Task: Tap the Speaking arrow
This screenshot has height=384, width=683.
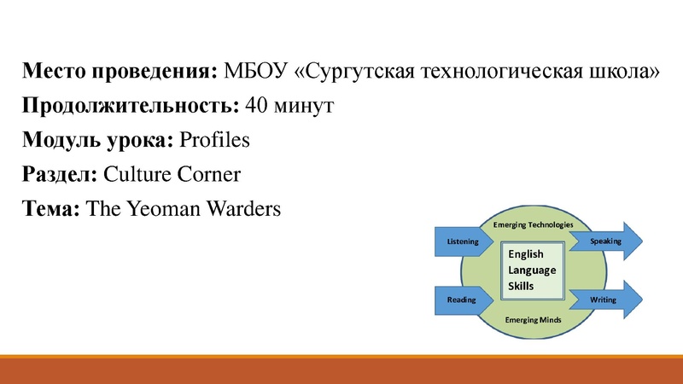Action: [x=607, y=242]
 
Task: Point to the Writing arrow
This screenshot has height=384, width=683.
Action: [x=604, y=300]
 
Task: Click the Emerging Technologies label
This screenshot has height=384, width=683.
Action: [x=533, y=224]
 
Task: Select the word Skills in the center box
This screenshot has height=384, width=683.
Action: [x=521, y=286]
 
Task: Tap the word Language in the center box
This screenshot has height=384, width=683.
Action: [x=532, y=270]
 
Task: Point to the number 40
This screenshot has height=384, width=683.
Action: [x=255, y=106]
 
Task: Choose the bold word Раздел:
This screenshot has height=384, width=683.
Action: [x=60, y=175]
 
